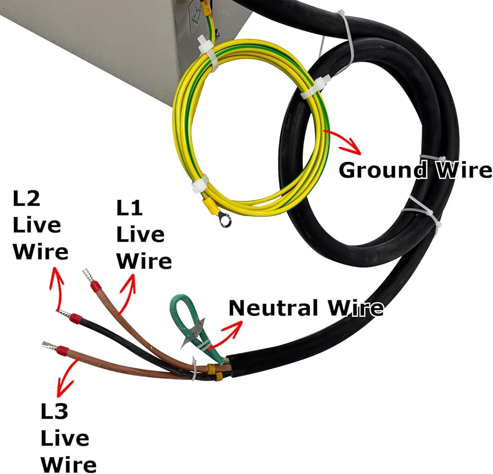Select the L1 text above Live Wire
click(129, 208)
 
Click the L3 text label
click(54, 411)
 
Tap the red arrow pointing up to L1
click(127, 293)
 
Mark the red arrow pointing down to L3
click(66, 377)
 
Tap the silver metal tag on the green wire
click(193, 333)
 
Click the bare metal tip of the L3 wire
click(49, 345)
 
